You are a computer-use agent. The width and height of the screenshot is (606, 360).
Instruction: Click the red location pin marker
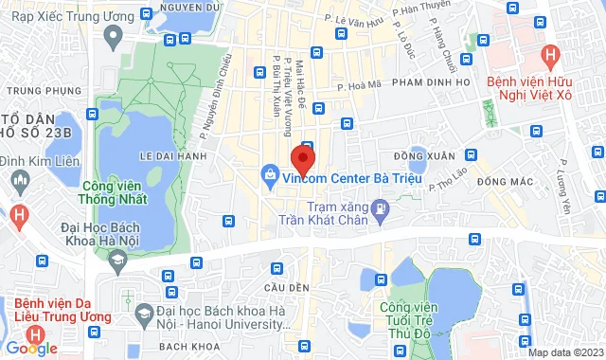(x=302, y=156)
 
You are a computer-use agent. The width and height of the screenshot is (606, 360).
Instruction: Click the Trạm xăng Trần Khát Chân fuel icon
(x=380, y=207)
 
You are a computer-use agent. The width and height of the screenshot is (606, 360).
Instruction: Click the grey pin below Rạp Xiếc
(x=114, y=39)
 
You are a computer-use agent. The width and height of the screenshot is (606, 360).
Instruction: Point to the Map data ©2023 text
(x=564, y=352)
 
